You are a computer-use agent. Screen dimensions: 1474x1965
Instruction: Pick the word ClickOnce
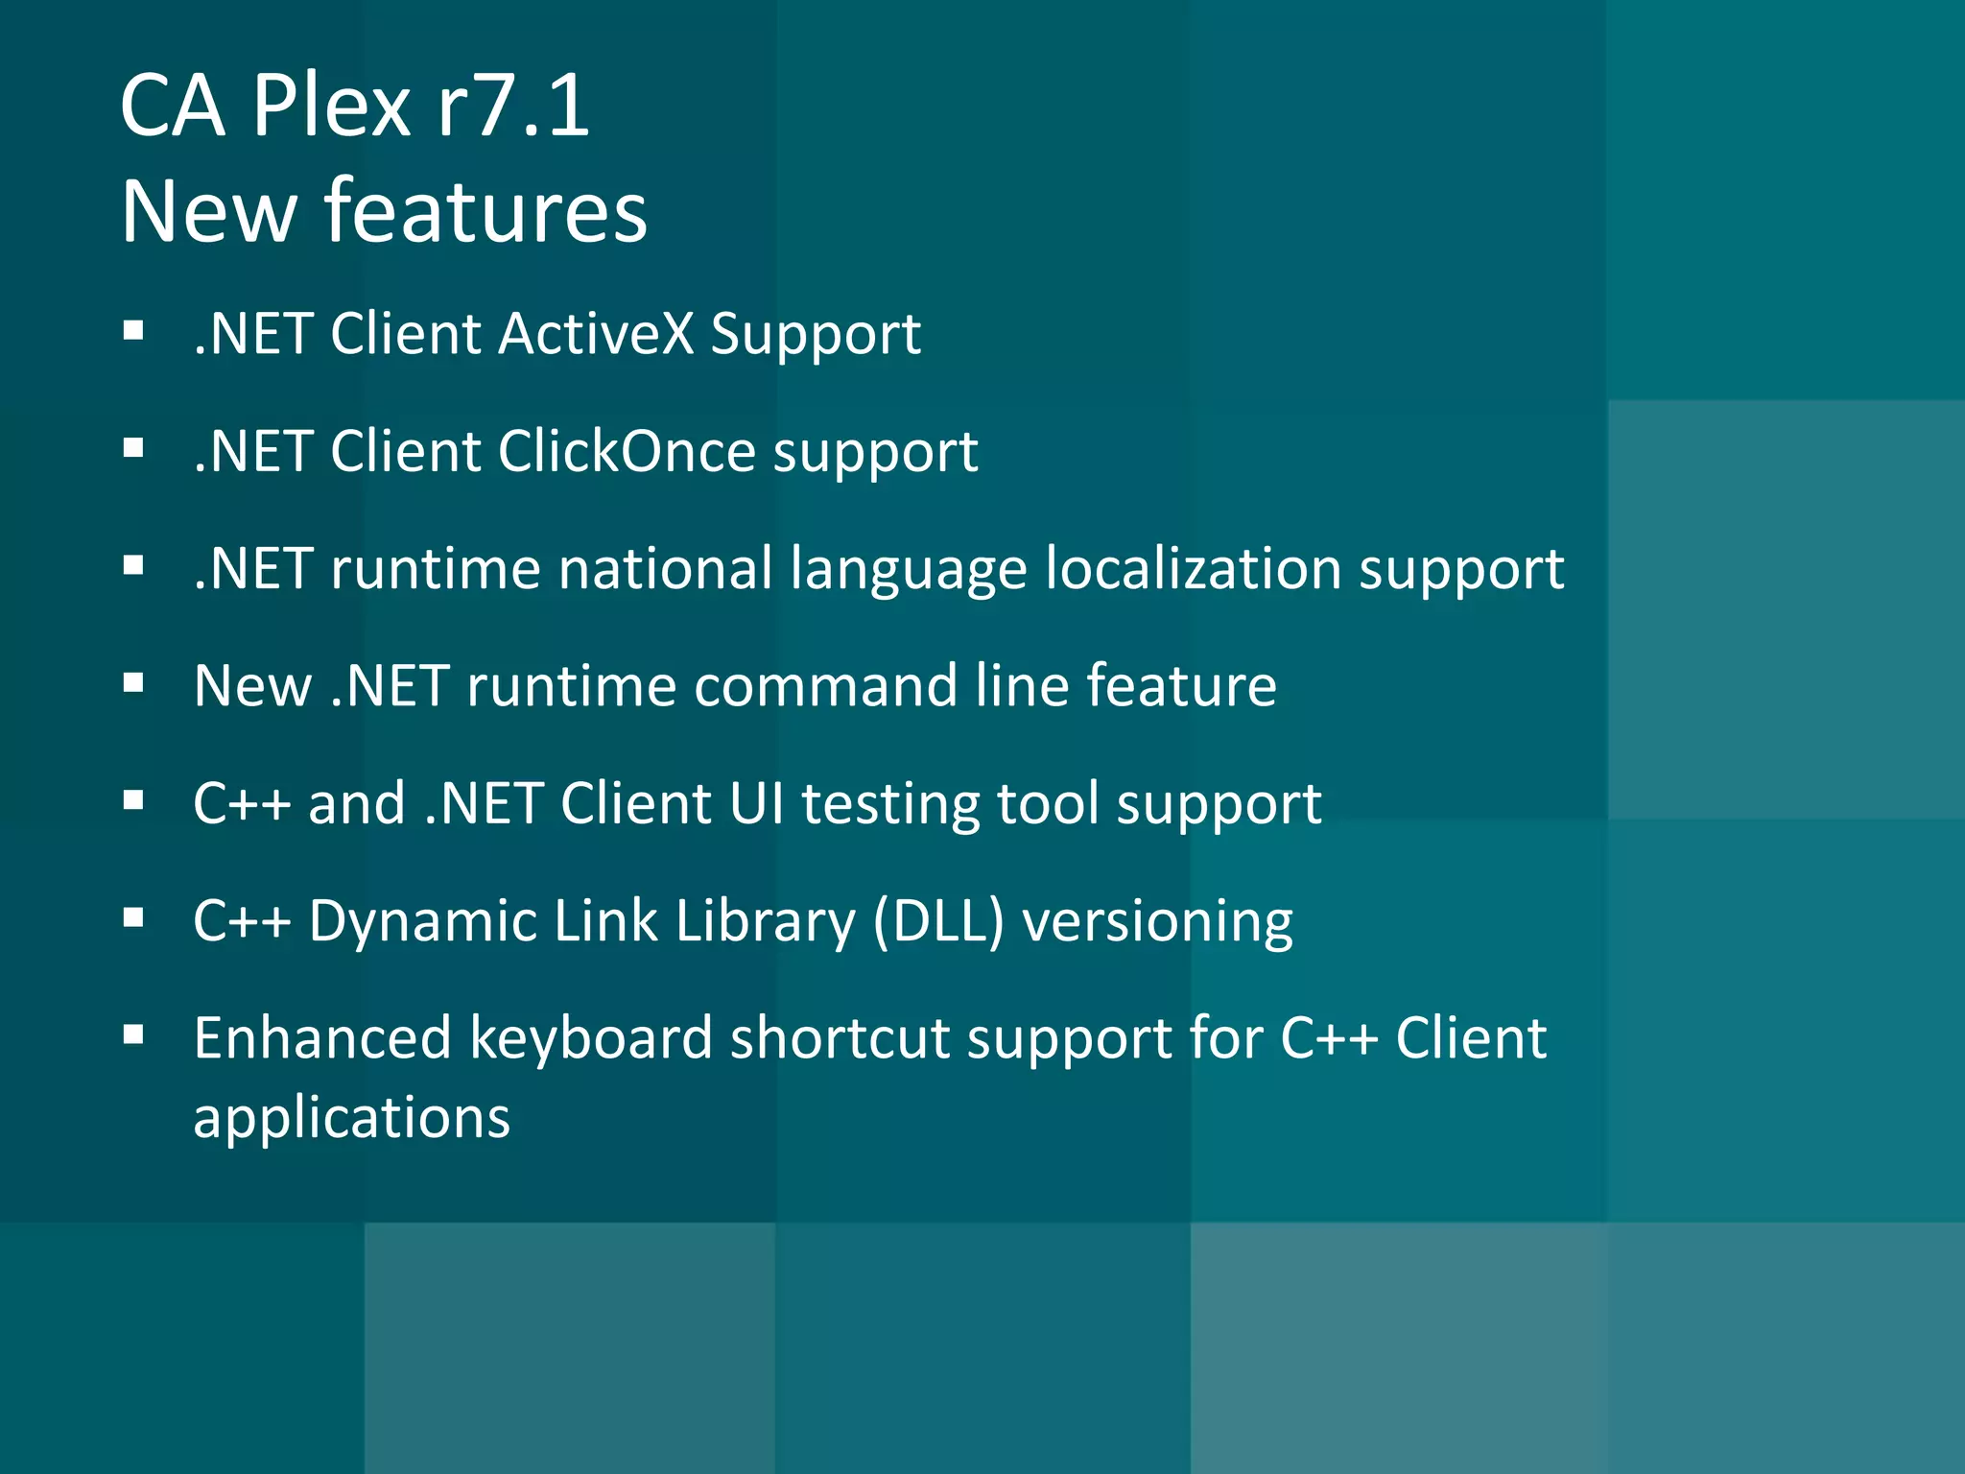627,451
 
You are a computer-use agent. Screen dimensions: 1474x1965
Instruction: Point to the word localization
1193,568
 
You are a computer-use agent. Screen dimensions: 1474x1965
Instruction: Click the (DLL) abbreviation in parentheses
938,921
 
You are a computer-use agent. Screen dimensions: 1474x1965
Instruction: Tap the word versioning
1157,922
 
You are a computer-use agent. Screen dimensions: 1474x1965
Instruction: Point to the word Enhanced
322,1038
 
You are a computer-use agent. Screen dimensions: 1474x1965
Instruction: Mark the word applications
352,1119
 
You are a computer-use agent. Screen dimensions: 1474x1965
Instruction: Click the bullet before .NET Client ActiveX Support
133,332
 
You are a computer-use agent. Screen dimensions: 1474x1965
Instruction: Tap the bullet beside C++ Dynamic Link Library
133,919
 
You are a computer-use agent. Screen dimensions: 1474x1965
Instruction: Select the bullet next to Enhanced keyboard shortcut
133,1035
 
